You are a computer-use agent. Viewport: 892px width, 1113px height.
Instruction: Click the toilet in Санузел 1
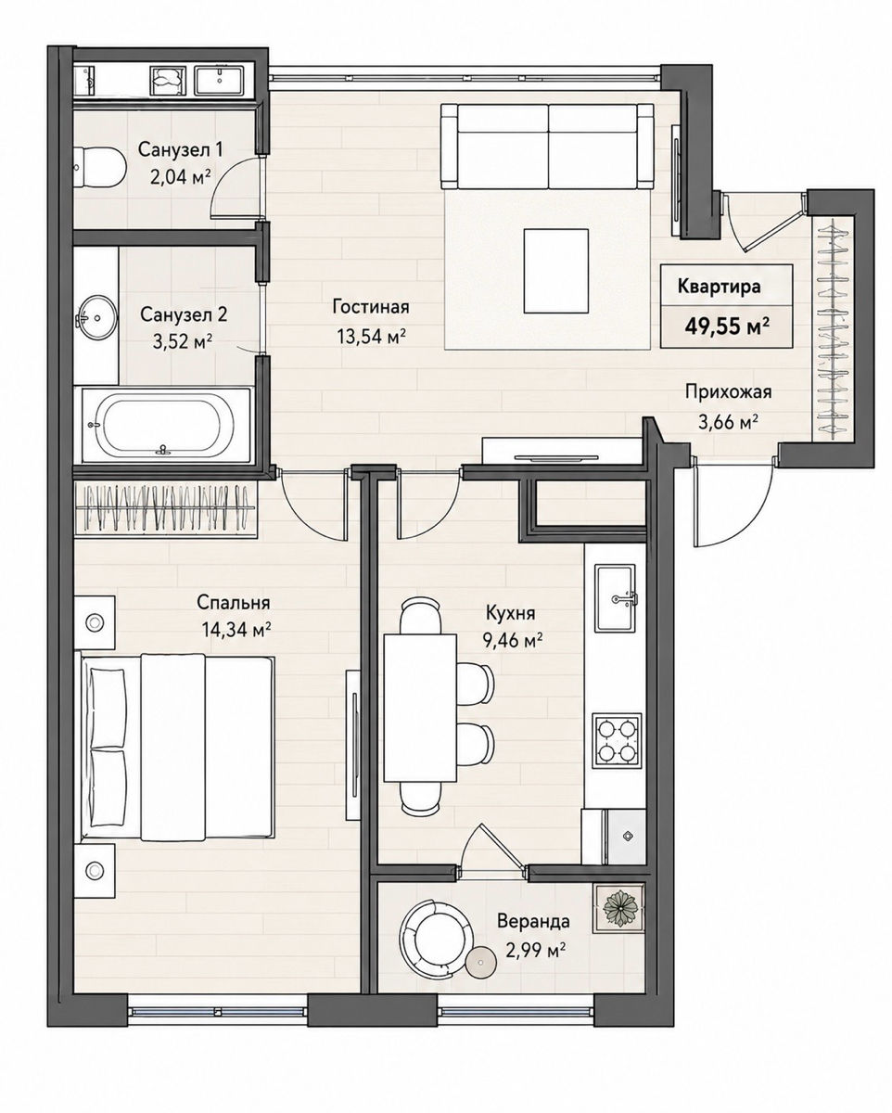[x=99, y=167]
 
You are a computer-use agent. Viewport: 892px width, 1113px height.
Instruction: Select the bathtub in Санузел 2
[x=165, y=424]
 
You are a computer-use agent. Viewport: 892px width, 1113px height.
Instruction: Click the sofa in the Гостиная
[x=547, y=147]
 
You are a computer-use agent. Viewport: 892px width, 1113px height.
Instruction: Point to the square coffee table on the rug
[x=556, y=271]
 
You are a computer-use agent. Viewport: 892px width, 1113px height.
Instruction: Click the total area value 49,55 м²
[x=725, y=326]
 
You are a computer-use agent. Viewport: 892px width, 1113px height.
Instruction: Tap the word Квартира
[x=719, y=287]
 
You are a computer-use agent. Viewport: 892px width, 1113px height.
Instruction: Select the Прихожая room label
[x=728, y=391]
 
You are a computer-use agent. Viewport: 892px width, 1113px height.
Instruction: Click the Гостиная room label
[x=371, y=306]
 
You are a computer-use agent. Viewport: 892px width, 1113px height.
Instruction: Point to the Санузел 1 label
[x=181, y=150]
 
